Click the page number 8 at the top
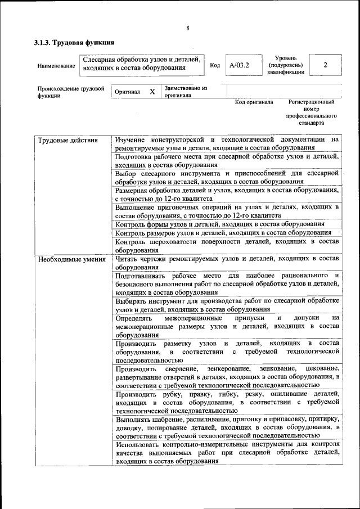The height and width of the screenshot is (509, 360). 187,28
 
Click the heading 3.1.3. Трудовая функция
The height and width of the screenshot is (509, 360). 74,42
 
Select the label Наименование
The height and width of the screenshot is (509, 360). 56,66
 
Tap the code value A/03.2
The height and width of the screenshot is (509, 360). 239,65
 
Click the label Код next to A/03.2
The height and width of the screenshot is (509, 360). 214,65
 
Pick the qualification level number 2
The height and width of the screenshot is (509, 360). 325,65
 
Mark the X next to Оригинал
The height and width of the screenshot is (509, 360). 152,91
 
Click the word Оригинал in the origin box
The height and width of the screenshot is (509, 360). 127,92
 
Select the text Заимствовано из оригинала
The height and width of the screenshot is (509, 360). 186,92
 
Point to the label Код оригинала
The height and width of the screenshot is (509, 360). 254,102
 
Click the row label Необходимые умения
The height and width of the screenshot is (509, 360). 71,259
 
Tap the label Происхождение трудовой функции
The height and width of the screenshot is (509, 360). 70,92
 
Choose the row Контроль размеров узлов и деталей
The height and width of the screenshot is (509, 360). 223,232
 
